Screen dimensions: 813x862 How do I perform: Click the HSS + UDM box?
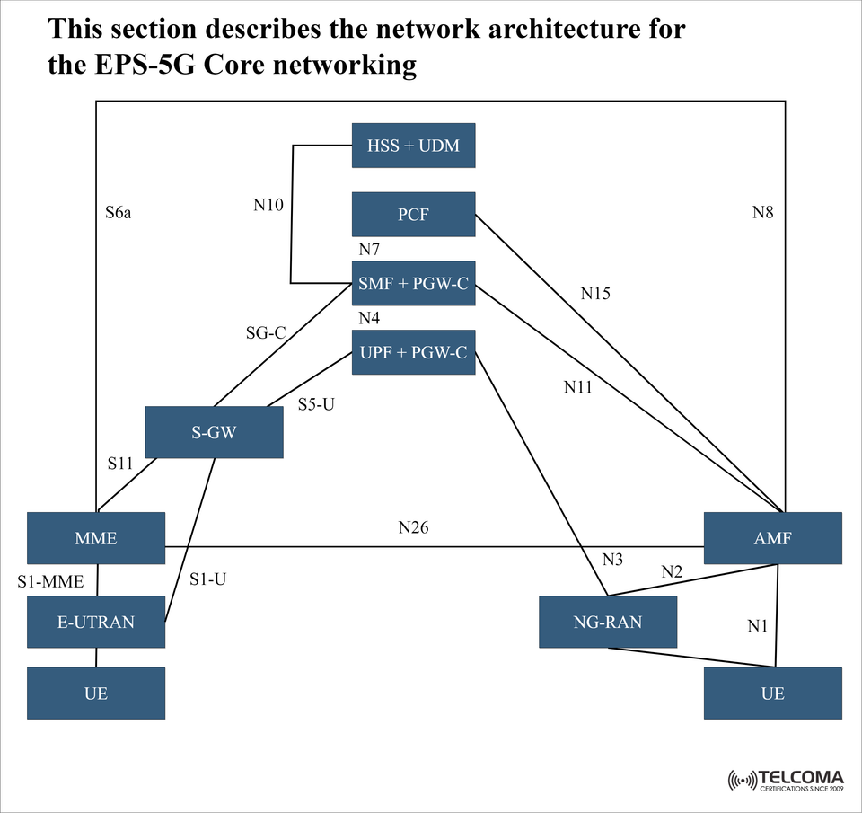coord(413,146)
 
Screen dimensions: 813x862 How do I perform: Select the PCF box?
coord(413,215)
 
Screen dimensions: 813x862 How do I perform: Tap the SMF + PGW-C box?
coord(413,284)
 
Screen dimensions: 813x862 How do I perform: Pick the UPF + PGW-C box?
coord(413,352)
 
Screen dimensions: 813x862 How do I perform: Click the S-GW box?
coord(214,432)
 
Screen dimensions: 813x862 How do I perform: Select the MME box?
coord(96,538)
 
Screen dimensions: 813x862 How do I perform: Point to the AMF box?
coord(772,538)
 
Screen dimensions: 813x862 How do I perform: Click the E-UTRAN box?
coord(96,622)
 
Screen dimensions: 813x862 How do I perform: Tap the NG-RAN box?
coord(608,622)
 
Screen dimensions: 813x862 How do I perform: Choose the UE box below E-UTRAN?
coord(96,693)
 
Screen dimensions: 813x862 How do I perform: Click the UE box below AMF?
coord(772,693)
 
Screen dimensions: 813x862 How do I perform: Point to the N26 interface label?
coord(413,527)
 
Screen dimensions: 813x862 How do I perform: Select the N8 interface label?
coord(762,213)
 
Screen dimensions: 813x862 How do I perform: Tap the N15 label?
coord(594,293)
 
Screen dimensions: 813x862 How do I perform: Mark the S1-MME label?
coord(50,582)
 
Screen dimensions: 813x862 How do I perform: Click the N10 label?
coord(268,206)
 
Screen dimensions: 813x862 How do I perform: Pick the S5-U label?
coord(316,405)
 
